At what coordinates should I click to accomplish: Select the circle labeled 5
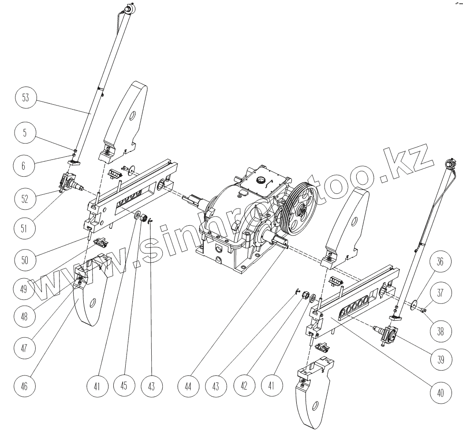[x=26, y=133]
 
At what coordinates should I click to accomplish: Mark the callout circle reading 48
[x=26, y=318]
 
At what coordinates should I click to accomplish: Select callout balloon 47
[x=26, y=348]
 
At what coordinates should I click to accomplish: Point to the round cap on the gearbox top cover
[x=261, y=180]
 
